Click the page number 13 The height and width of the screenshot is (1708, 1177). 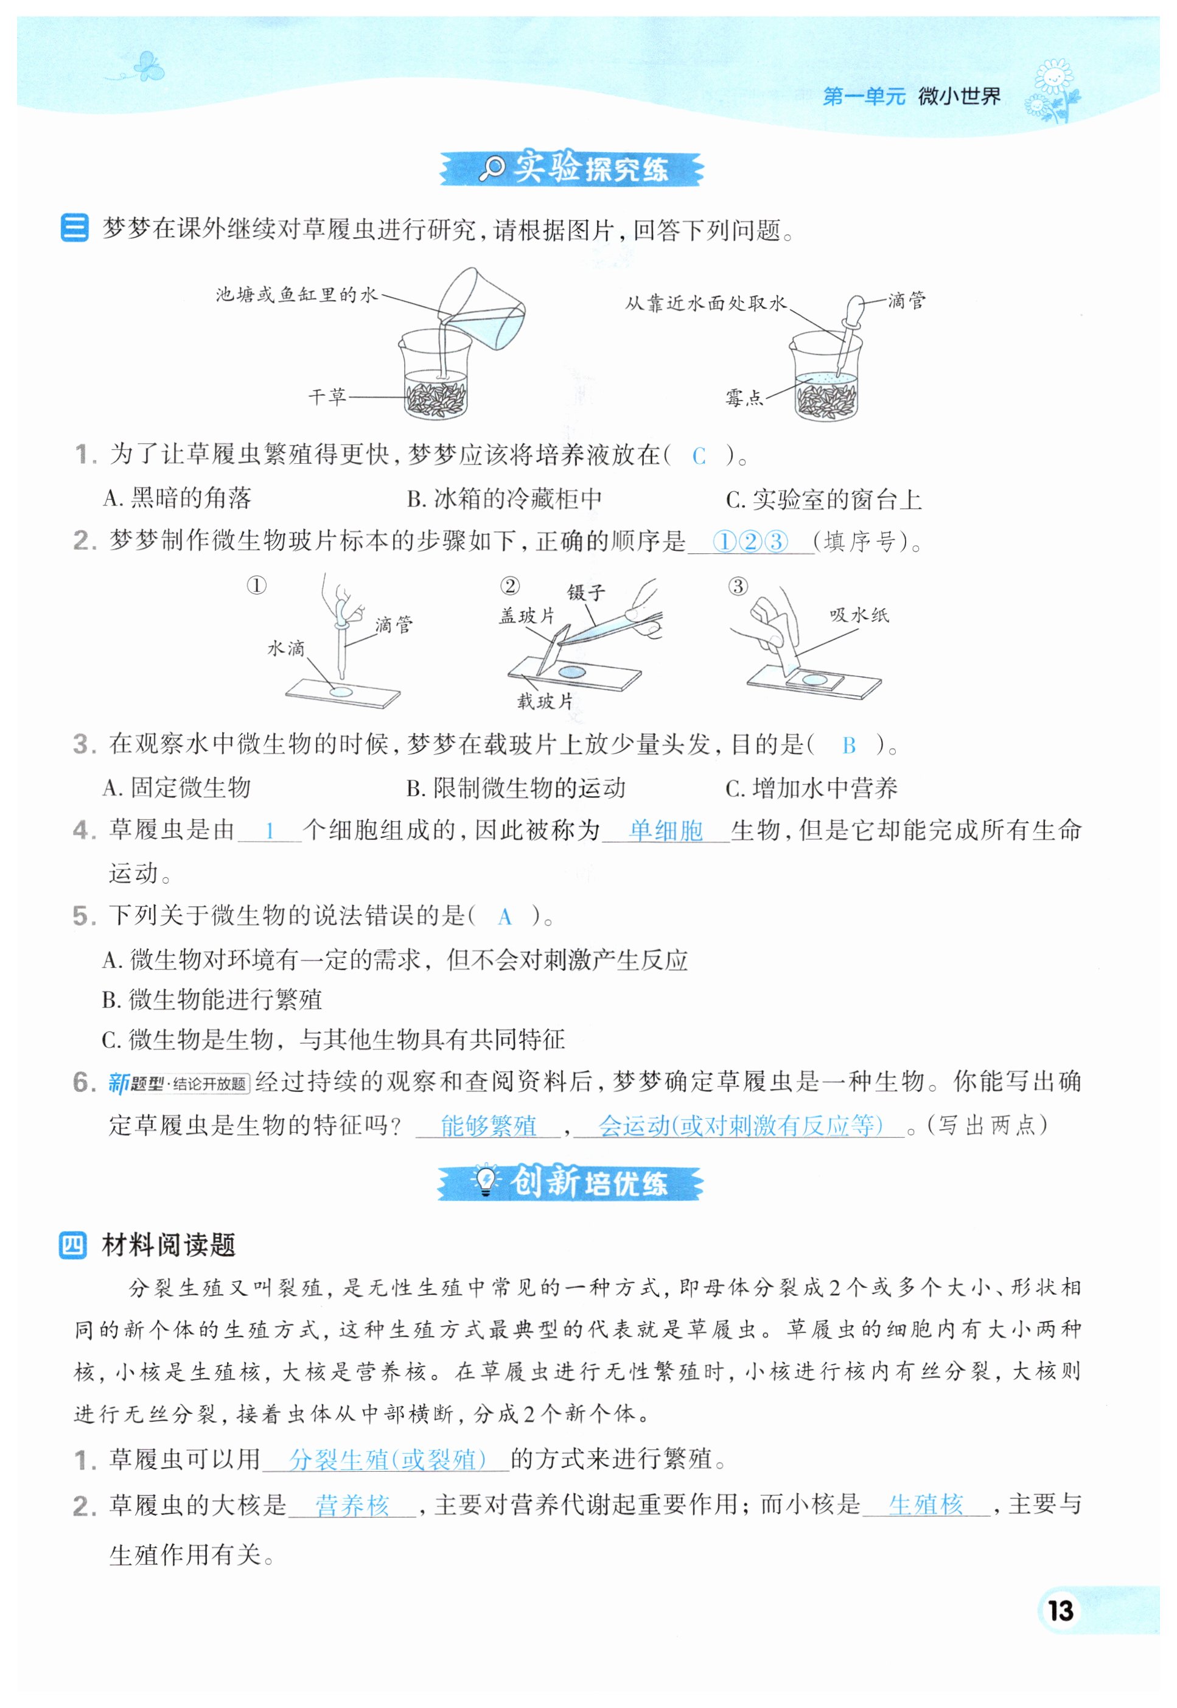pyautogui.click(x=1061, y=1611)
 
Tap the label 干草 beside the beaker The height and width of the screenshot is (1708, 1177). pyautogui.click(x=327, y=397)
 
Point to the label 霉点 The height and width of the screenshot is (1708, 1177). pyautogui.click(x=743, y=398)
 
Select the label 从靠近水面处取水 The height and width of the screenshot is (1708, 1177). pyautogui.click(x=706, y=303)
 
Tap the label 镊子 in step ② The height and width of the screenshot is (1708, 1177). pyautogui.click(x=585, y=592)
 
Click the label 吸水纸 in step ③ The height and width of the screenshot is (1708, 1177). pyautogui.click(x=859, y=614)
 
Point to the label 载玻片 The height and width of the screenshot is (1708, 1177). pyautogui.click(x=545, y=701)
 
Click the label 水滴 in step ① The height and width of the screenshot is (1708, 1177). pyautogui.click(x=285, y=648)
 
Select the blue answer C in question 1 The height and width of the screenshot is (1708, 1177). pyautogui.click(x=699, y=457)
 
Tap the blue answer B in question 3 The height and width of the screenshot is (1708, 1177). pyautogui.click(x=849, y=746)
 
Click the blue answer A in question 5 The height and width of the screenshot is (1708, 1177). pyautogui.click(x=505, y=917)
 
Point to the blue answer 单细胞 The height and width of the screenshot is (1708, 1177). pyautogui.click(x=665, y=831)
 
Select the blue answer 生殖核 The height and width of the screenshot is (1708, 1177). pyautogui.click(x=926, y=1505)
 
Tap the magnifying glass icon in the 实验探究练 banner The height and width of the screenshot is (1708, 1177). pyautogui.click(x=491, y=169)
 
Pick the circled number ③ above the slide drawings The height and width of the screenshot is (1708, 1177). pyautogui.click(x=738, y=586)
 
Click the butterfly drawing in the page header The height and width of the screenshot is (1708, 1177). pyautogui.click(x=147, y=66)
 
